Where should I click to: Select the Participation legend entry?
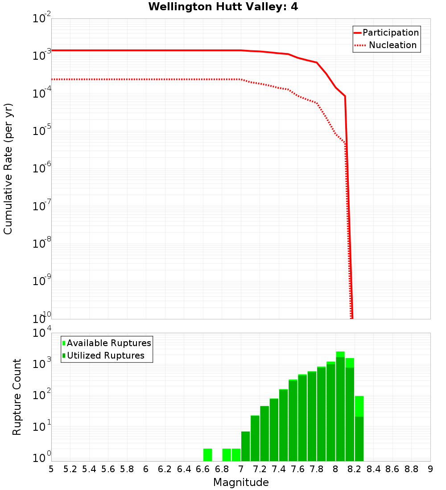(386, 33)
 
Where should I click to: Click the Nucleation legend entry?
(386, 45)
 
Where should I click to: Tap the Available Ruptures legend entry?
(107, 343)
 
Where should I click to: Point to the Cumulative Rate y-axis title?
(8, 169)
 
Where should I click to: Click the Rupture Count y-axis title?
(17, 397)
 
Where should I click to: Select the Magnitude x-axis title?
(241, 482)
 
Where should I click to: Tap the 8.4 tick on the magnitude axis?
(374, 469)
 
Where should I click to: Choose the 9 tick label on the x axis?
(430, 469)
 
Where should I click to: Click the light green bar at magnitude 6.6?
(207, 454)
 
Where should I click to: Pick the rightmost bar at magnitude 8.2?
(359, 428)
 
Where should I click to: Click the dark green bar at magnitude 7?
(245, 446)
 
